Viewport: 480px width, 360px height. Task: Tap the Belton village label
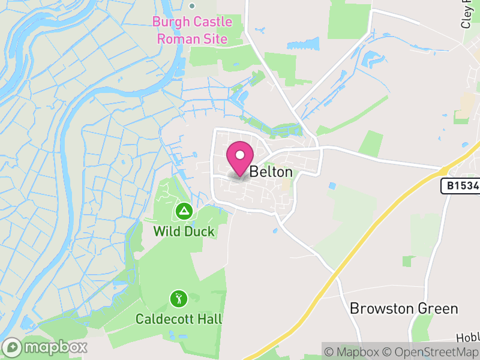point(271,172)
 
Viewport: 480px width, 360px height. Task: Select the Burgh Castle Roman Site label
point(192,31)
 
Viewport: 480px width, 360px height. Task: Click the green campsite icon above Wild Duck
point(184,211)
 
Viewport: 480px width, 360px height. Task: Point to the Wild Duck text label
point(184,231)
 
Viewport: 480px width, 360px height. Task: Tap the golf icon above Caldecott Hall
point(179,298)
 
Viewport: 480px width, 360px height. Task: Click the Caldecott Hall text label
point(179,318)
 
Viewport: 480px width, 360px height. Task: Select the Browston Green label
point(404,309)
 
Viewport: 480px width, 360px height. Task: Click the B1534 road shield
point(461,186)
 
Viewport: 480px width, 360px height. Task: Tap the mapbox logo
point(45,347)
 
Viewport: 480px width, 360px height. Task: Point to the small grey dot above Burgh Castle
point(192,6)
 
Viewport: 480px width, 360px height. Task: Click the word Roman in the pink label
point(176,40)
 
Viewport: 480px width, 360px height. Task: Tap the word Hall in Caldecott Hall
point(209,318)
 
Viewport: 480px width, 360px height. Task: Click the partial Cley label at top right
point(468,13)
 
